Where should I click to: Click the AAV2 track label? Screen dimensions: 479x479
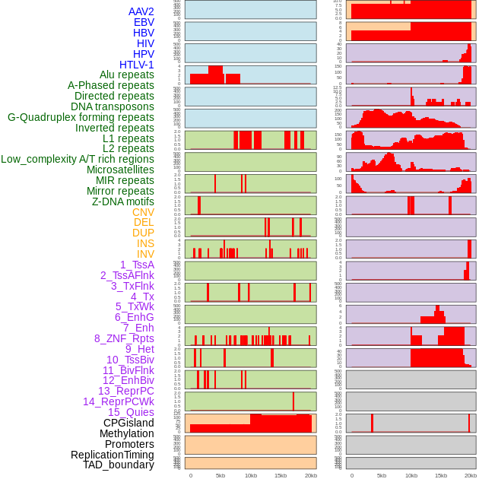[x=141, y=12]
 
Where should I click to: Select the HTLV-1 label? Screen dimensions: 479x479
[x=137, y=65]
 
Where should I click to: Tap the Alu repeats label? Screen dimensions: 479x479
[x=127, y=75]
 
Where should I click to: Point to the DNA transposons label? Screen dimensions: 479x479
[x=113, y=106]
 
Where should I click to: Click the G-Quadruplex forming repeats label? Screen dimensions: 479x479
[x=81, y=117]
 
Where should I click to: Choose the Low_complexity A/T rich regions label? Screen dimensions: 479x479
[x=78, y=159]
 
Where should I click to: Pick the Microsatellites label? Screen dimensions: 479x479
[x=120, y=170]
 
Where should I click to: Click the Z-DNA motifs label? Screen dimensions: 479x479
[x=123, y=201]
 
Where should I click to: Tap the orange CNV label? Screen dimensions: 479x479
[x=143, y=212]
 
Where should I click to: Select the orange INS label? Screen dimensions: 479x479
[x=145, y=243]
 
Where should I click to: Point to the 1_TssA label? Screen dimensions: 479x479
[x=137, y=265]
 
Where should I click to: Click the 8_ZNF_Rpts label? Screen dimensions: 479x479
[x=124, y=338]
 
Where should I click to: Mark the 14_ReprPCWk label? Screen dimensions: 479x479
[x=119, y=401]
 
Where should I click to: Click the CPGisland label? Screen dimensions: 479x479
[x=128, y=423]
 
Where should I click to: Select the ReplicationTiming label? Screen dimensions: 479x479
[x=113, y=455]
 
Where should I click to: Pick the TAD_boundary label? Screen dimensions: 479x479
[x=119, y=465]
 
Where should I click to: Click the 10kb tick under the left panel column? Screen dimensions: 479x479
[x=250, y=475]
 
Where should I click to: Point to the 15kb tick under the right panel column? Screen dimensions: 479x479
[x=441, y=475]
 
